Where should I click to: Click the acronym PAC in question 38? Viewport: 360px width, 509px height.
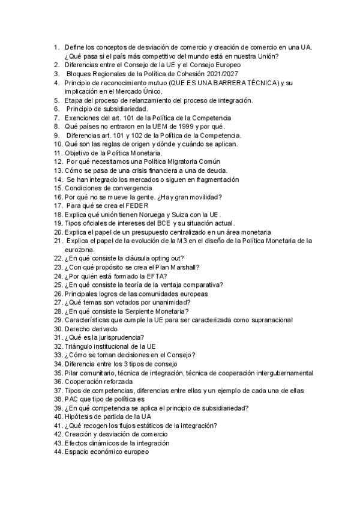(x=73, y=399)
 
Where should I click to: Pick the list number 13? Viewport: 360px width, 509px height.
(x=58, y=170)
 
